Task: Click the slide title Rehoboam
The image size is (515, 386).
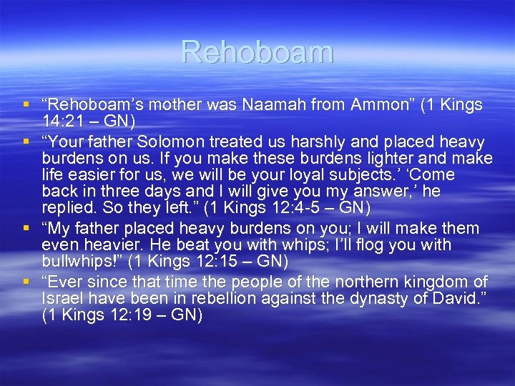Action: (257, 52)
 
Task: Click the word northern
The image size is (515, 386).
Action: (378, 281)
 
